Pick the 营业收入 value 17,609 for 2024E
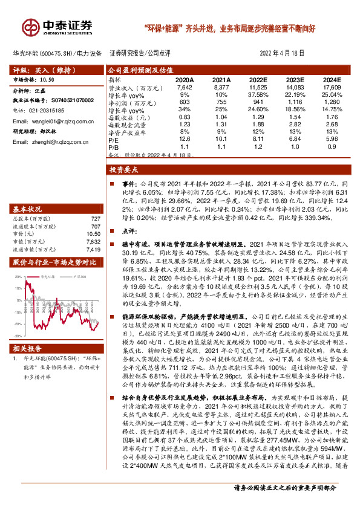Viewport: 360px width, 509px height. pyautogui.click(x=332, y=88)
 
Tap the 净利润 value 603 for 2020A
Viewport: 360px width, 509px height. pyautogui.click(x=185, y=102)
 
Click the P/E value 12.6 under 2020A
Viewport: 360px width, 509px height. pyautogui.click(x=185, y=139)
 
